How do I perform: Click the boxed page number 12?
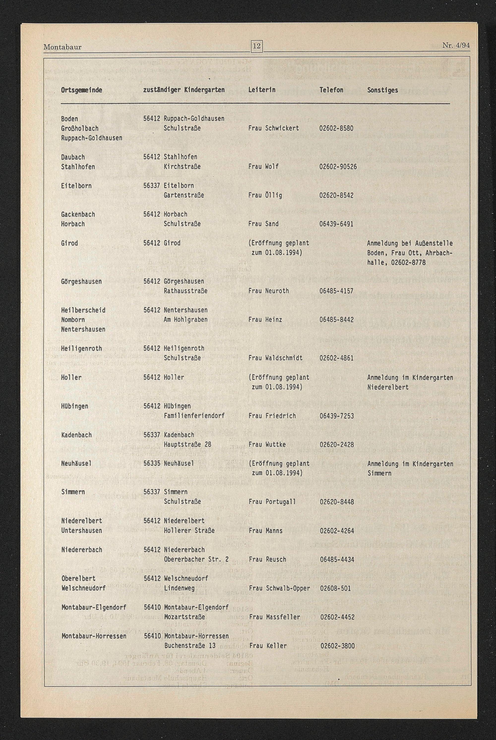(x=256, y=46)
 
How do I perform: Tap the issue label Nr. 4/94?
(x=456, y=45)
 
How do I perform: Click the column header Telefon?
(x=331, y=90)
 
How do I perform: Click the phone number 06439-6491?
(x=336, y=224)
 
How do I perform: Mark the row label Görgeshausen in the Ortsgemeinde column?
(x=81, y=281)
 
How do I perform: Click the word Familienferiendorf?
(x=194, y=416)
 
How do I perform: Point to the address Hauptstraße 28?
(x=187, y=444)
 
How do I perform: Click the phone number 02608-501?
(x=335, y=588)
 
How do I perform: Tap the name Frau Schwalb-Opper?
(x=279, y=588)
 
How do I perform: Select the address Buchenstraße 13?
(x=190, y=646)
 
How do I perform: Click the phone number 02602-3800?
(x=338, y=646)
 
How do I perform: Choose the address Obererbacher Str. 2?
(x=196, y=559)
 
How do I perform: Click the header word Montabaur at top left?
(x=62, y=47)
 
